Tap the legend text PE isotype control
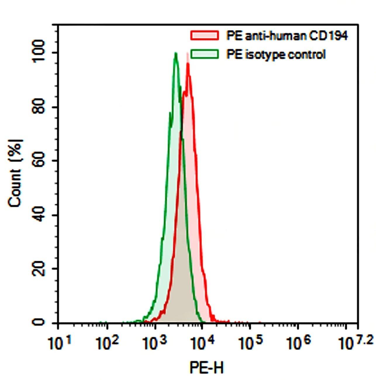(276, 55)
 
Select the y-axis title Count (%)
(15, 173)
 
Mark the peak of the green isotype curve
(175, 53)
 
